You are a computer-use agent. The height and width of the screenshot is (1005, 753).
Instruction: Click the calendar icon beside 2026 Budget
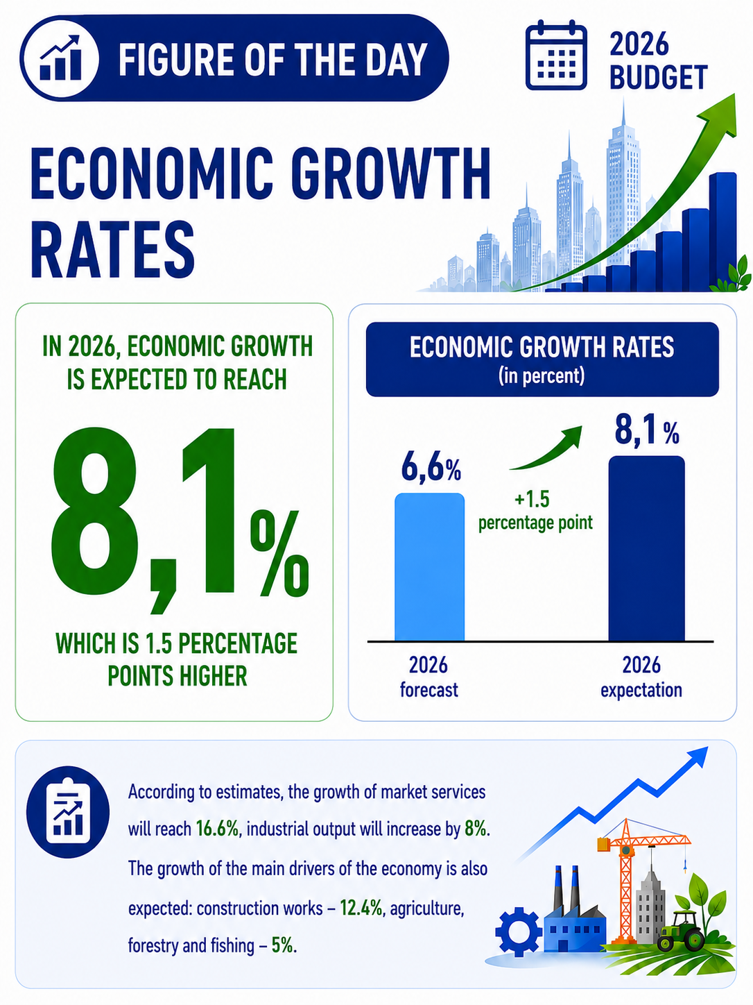coord(556,55)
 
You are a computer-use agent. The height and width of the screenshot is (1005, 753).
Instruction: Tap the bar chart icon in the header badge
coord(60,58)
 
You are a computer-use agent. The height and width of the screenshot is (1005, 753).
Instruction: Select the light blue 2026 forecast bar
coord(429,567)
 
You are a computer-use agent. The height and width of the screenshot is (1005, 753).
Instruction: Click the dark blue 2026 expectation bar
coord(646,548)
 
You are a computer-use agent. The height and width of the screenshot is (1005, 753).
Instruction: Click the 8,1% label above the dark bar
coord(647,431)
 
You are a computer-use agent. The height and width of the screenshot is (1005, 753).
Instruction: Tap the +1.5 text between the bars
coord(533,499)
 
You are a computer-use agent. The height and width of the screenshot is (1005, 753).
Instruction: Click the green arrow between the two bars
coord(548,451)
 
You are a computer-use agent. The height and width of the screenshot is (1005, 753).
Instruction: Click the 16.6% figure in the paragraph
coord(218,829)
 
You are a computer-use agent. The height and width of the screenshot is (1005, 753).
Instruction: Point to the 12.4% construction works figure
coord(361,908)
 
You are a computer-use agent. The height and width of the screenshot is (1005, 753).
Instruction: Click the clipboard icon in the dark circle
coord(68,812)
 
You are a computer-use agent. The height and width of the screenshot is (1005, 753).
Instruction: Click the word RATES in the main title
coord(112,250)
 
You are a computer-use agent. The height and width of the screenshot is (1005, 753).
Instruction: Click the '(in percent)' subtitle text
coord(542,376)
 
